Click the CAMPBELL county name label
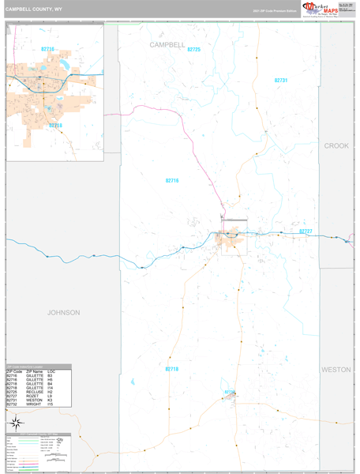[167, 46]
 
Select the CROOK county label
[336, 146]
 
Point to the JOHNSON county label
[63, 312]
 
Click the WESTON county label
[336, 369]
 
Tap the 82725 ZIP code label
[194, 50]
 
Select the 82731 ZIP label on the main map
[281, 81]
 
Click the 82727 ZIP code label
[306, 231]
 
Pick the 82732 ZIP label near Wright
[229, 391]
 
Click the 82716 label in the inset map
[48, 49]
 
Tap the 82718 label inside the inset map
[55, 125]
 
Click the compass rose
[15, 423]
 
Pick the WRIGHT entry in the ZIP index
[33, 404]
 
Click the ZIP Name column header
[34, 371]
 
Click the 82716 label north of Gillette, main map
[172, 181]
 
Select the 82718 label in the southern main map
[172, 369]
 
